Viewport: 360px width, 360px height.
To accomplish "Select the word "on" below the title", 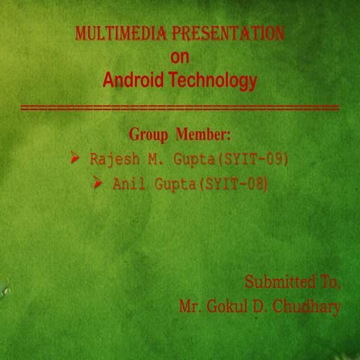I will pyautogui.click(x=180, y=56).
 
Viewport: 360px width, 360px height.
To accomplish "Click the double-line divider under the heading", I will pyautogui.click(x=180, y=109).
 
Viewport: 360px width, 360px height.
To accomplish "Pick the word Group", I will pyautogui.click(x=150, y=135).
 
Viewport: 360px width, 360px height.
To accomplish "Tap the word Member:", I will pyautogui.click(x=203, y=135).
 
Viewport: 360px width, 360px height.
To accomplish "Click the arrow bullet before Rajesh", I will pyautogui.click(x=75, y=159).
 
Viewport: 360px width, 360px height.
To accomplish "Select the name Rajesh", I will pyautogui.click(x=111, y=160).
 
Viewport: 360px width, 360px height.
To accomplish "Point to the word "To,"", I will pyautogui.click(x=329, y=283).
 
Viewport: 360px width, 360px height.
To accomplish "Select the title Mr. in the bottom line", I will pyautogui.click(x=190, y=307).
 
